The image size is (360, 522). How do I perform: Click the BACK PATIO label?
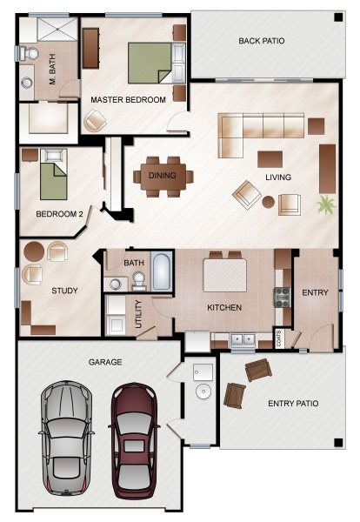[x=262, y=41]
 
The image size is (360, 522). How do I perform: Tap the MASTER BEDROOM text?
[x=128, y=99]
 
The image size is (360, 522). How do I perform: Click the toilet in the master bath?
[x=29, y=54]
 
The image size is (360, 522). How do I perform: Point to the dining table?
[x=163, y=176]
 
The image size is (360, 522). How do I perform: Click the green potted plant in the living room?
[x=326, y=204]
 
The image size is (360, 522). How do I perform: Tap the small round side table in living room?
[x=268, y=202]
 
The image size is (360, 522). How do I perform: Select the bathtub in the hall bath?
[x=162, y=271]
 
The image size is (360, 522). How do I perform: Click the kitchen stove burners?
[x=282, y=298]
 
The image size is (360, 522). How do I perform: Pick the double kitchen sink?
[x=243, y=340]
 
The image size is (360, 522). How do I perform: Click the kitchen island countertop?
[x=225, y=275]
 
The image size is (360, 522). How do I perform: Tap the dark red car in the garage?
[x=134, y=440]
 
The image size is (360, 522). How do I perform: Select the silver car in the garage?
[x=67, y=438]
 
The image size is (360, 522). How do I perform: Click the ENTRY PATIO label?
[x=293, y=404]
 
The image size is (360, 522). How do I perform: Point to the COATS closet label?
[x=278, y=338]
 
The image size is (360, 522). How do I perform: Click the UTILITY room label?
[x=139, y=314]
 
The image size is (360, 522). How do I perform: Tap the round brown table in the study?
[x=34, y=251]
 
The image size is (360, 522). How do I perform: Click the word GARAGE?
[x=105, y=362]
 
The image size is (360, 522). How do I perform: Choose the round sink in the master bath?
[x=27, y=83]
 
